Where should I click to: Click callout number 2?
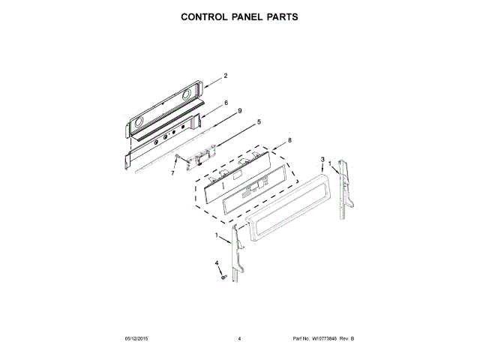point(225,76)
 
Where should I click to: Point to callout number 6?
point(225,102)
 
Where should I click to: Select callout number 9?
point(239,111)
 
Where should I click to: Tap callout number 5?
point(259,121)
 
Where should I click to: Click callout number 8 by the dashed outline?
point(290,139)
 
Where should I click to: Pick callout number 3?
point(322,160)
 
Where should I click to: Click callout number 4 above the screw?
point(218,263)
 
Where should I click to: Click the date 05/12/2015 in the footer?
point(137,340)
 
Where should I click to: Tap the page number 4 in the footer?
point(239,340)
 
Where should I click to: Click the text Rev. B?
point(347,340)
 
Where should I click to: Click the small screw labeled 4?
point(223,277)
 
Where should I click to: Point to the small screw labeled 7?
point(178,160)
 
